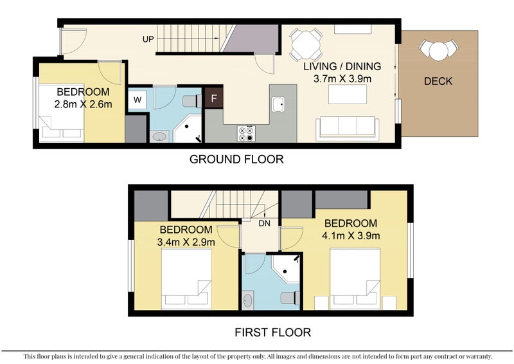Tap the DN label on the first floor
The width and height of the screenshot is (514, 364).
pos(264,223)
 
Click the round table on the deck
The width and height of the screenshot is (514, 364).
pos(439,50)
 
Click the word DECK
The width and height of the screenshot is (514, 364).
pos(438,81)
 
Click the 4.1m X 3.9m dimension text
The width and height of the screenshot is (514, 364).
pos(351,235)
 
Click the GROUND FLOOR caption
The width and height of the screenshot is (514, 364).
pos(236,159)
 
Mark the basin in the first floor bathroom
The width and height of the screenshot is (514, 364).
pos(249,300)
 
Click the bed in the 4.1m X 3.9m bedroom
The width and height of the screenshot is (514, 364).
pos(355,278)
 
